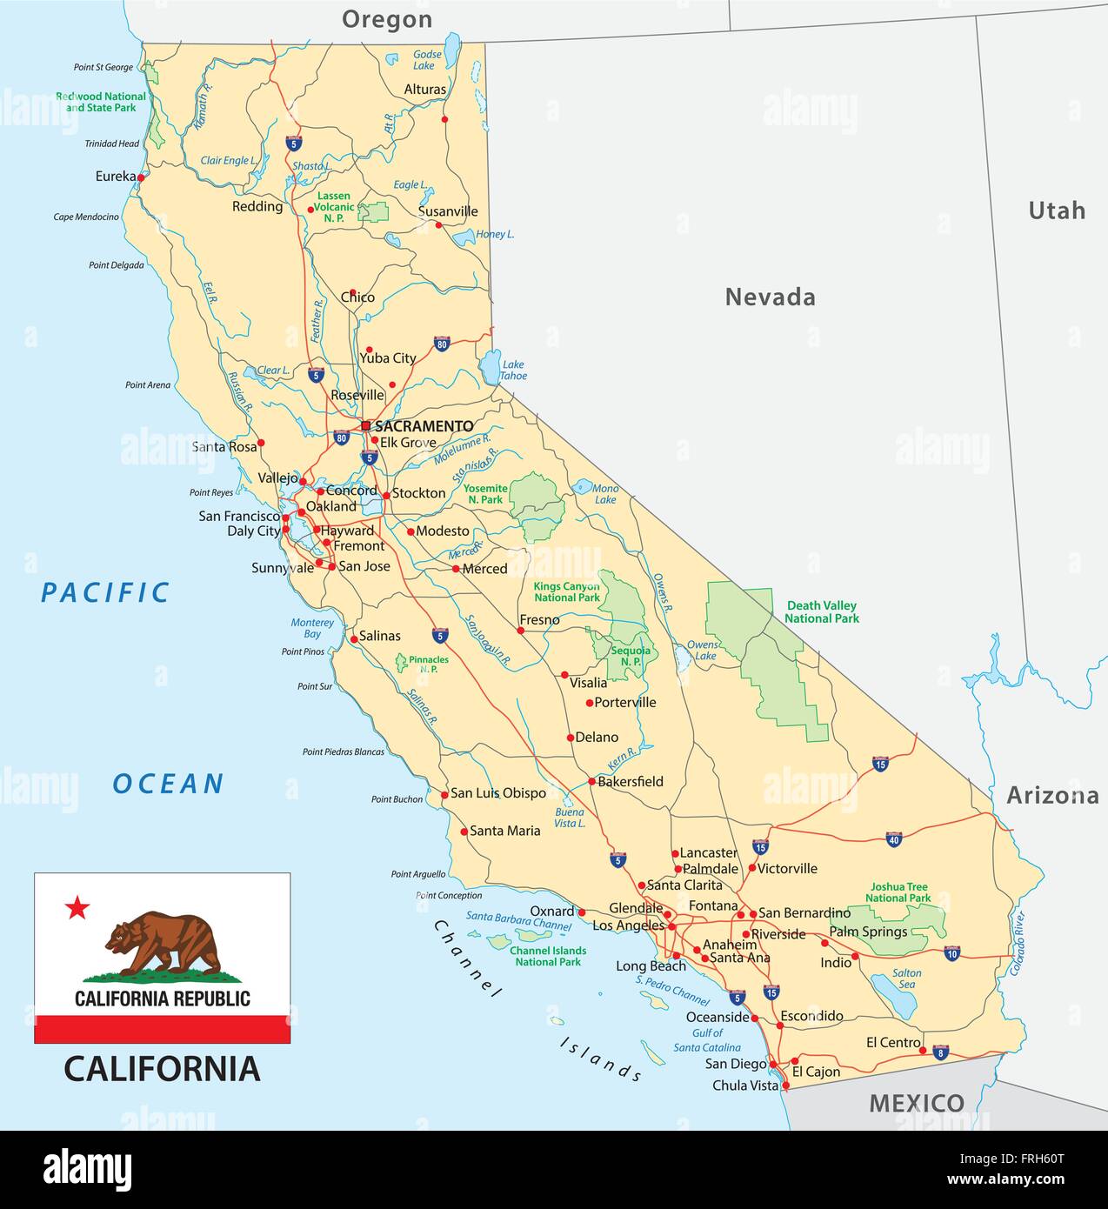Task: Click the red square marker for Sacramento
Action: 365,426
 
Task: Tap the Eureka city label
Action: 116,177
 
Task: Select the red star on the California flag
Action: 77,908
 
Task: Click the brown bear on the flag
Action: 164,944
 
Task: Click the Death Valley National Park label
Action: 821,611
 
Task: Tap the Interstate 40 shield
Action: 894,839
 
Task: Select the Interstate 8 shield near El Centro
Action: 941,1052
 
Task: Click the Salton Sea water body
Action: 895,995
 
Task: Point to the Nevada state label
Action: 770,297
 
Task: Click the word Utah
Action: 1057,210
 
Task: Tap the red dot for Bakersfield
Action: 591,781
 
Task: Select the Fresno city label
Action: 539,620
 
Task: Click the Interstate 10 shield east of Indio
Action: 952,953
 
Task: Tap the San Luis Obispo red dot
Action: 444,793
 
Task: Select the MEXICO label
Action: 917,1103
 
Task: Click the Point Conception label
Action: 449,895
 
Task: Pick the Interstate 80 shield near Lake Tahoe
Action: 442,344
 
